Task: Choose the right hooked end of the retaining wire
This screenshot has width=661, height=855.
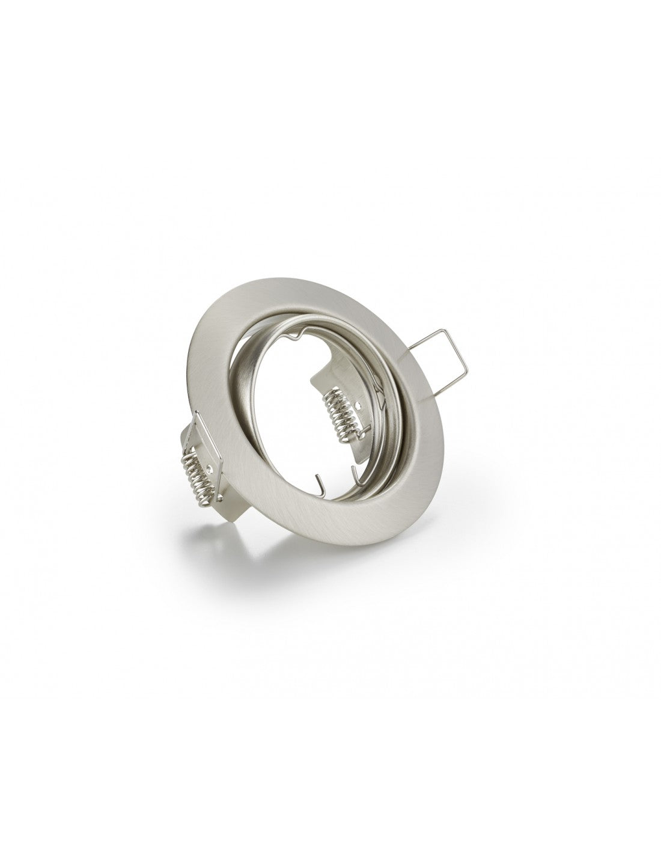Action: (x=359, y=462)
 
